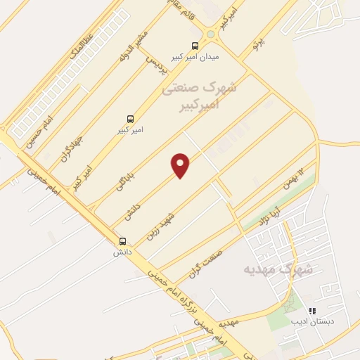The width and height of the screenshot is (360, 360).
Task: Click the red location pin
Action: click(x=181, y=165)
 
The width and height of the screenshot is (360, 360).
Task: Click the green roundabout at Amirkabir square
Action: click(x=210, y=34)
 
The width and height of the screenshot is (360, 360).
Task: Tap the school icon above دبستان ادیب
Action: click(x=313, y=310)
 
